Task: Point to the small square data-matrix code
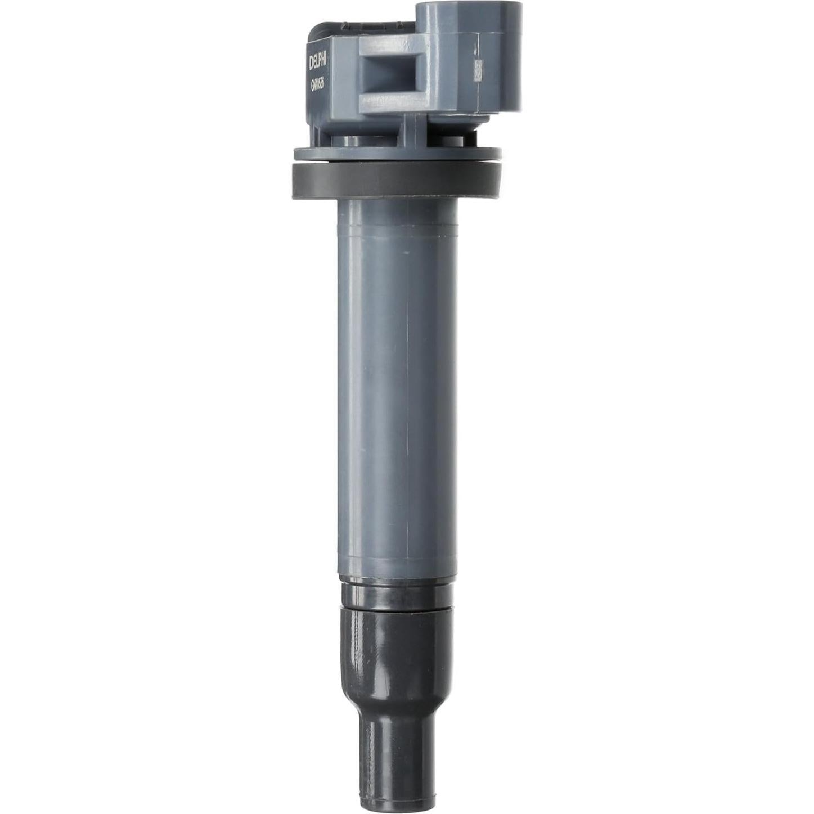tap(479, 70)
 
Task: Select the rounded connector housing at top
tap(470, 56)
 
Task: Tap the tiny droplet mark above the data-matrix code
tap(476, 51)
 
